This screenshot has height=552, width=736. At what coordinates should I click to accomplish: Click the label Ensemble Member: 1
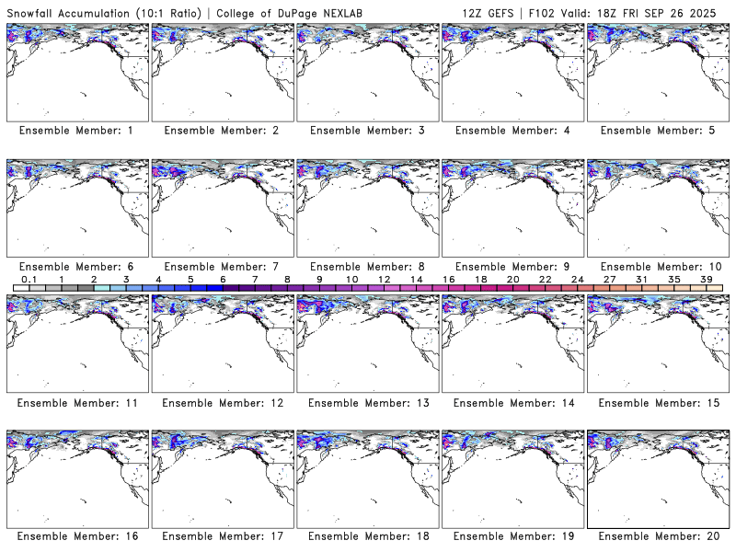pyautogui.click(x=76, y=131)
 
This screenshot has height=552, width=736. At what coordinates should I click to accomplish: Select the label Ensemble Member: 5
pyautogui.click(x=657, y=131)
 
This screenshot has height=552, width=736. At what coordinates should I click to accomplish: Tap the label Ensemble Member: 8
pyautogui.click(x=366, y=267)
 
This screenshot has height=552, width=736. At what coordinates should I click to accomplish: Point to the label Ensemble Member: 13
pyautogui.click(x=366, y=402)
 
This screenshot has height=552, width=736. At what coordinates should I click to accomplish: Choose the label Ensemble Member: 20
pyautogui.click(x=657, y=535)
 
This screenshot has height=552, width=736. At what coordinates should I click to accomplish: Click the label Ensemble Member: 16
pyautogui.click(x=76, y=535)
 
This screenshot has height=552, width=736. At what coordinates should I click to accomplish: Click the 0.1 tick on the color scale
pyautogui.click(x=29, y=279)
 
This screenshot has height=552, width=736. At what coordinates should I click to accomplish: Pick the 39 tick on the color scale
pyautogui.click(x=707, y=279)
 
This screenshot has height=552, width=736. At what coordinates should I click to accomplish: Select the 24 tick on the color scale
pyautogui.click(x=578, y=279)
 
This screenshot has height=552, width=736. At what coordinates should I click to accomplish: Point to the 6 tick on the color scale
pyautogui.click(x=223, y=279)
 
